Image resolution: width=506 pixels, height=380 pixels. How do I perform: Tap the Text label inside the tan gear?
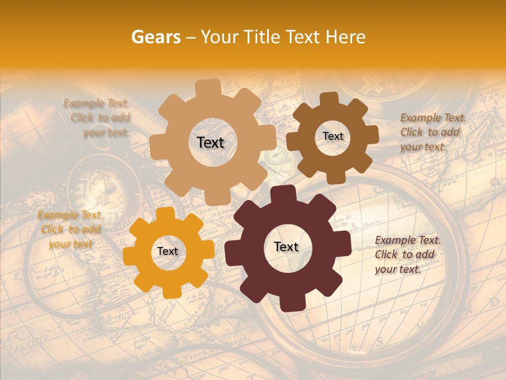coord(210,142)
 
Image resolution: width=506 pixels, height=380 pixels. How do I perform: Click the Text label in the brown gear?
coord(333,136)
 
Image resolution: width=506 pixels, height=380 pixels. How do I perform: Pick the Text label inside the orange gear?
coord(168,252)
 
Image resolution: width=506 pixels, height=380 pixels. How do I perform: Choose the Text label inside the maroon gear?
coord(286,247)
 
